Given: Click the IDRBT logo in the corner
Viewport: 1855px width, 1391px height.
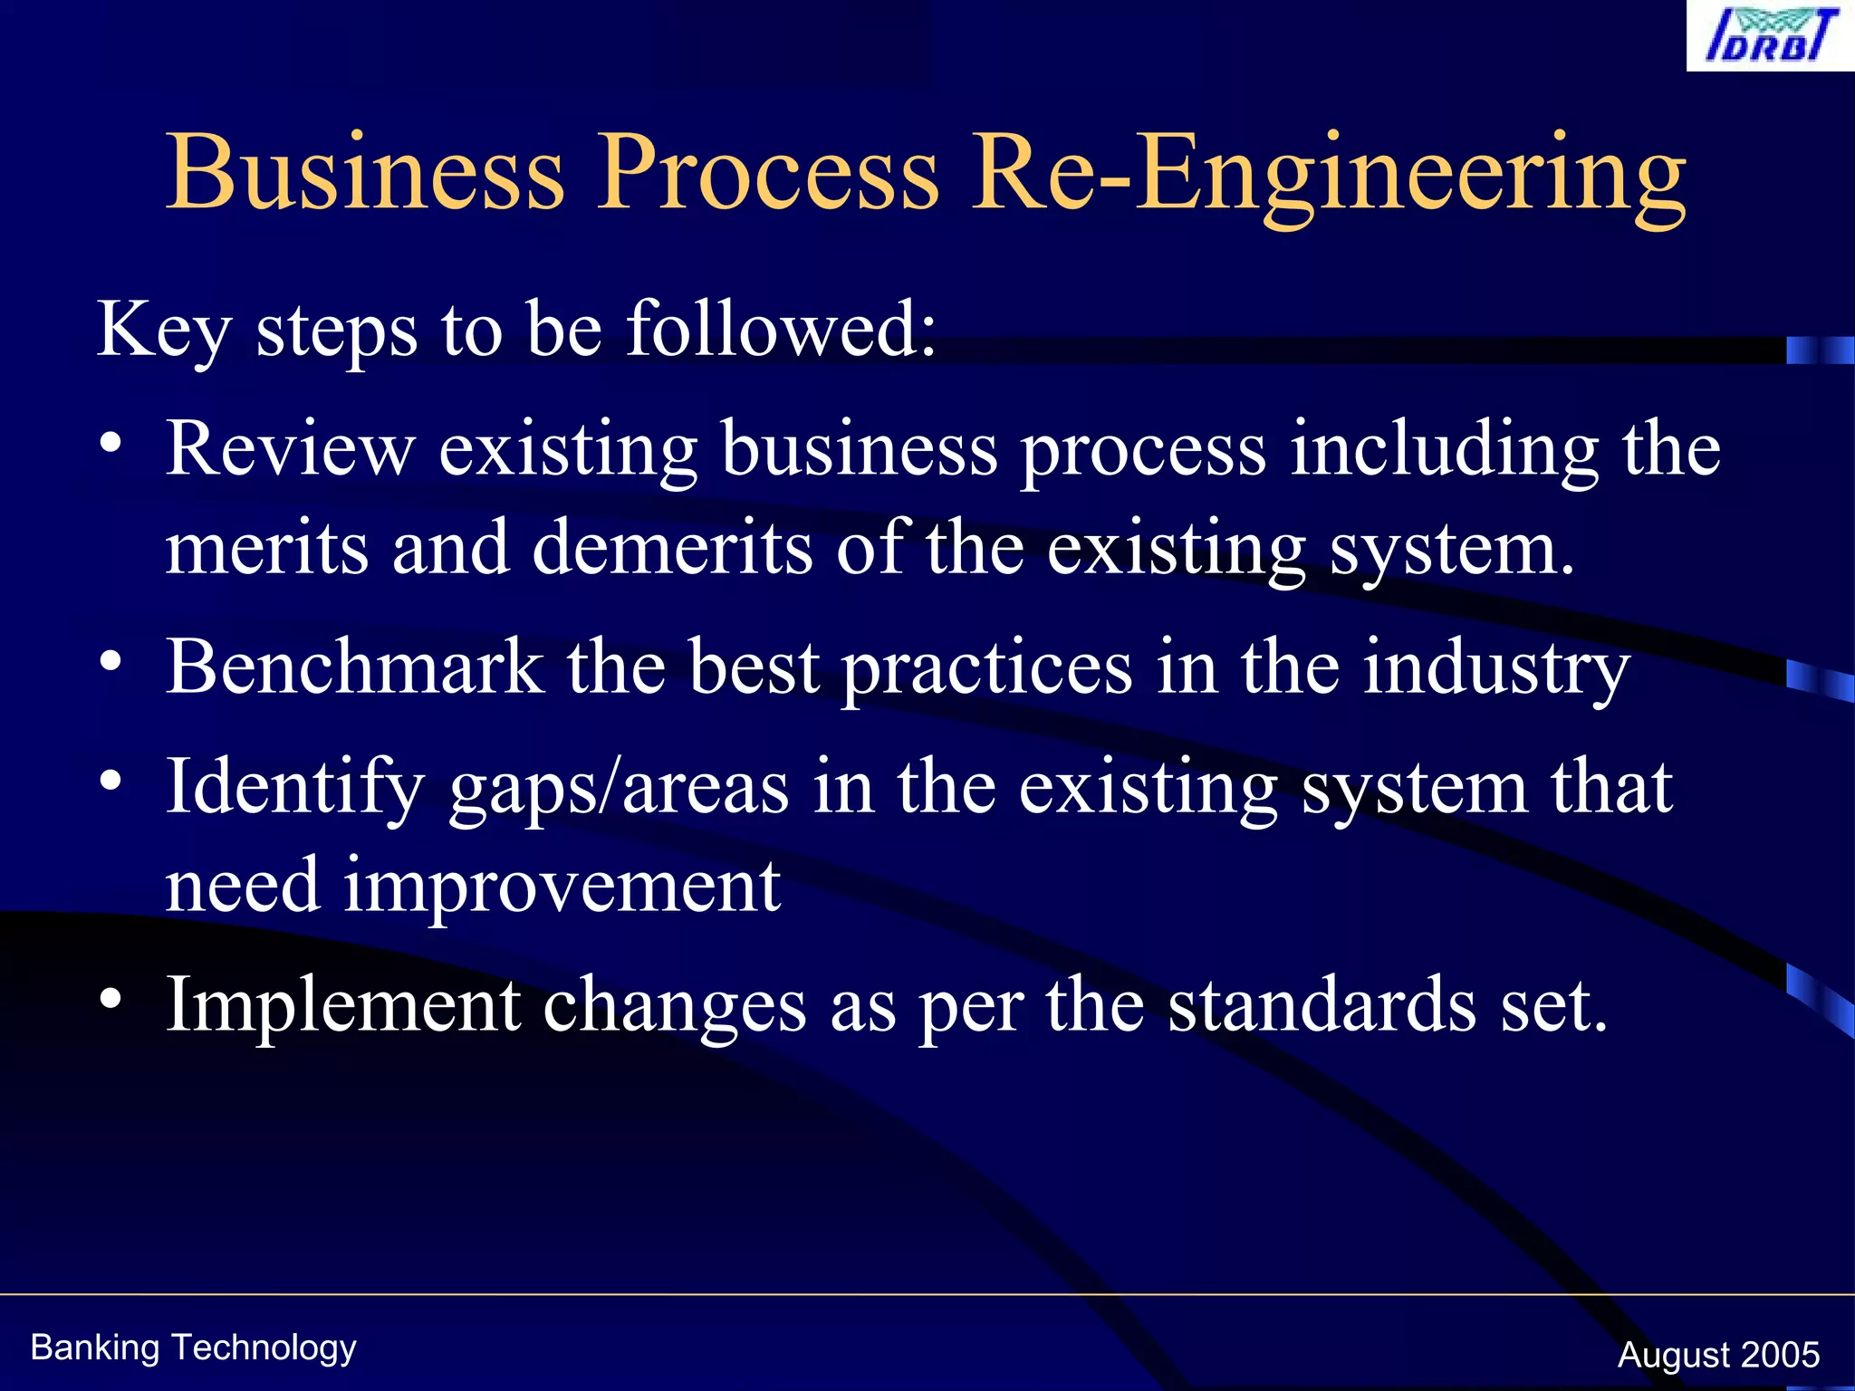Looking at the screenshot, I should tap(1771, 36).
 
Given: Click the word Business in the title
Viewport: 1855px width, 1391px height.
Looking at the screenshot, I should tap(365, 172).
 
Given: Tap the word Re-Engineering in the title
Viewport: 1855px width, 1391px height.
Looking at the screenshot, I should tap(1328, 172).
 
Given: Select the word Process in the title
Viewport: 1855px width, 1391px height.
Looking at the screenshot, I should tap(767, 172).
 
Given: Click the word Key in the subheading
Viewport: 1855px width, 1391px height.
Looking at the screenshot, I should tap(164, 330).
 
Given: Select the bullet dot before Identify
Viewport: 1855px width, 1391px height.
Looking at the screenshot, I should tap(111, 780).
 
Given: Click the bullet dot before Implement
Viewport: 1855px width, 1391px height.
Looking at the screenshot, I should tap(111, 998).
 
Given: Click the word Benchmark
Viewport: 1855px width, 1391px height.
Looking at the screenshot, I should tap(355, 667).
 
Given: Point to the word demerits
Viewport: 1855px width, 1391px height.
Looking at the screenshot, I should tap(672, 548).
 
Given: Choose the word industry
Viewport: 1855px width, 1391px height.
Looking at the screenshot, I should tap(1496, 668).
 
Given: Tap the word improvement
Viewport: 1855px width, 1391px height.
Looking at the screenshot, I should tap(562, 885).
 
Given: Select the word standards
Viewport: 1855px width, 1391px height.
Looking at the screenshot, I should tap(1322, 1004).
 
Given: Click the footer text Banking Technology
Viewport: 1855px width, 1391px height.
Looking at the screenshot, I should tap(193, 1348).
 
